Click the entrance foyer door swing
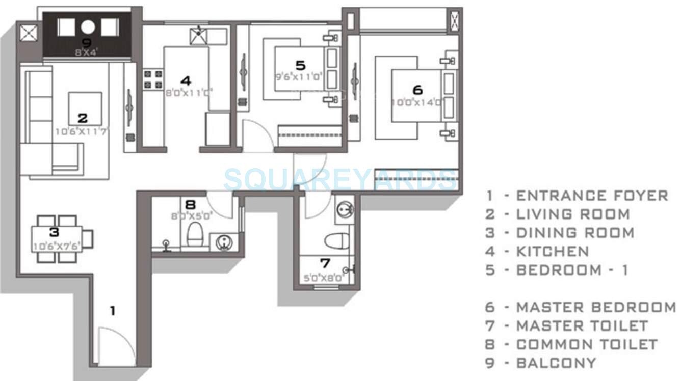click(x=116, y=346)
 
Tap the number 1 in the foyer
click(x=113, y=310)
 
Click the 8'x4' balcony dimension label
click(x=86, y=51)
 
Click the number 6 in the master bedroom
click(x=417, y=90)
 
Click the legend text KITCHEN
click(x=553, y=251)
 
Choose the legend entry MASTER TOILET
click(x=582, y=325)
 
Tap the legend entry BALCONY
click(x=556, y=363)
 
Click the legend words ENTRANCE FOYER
click(x=592, y=196)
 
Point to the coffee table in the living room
click(x=85, y=108)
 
